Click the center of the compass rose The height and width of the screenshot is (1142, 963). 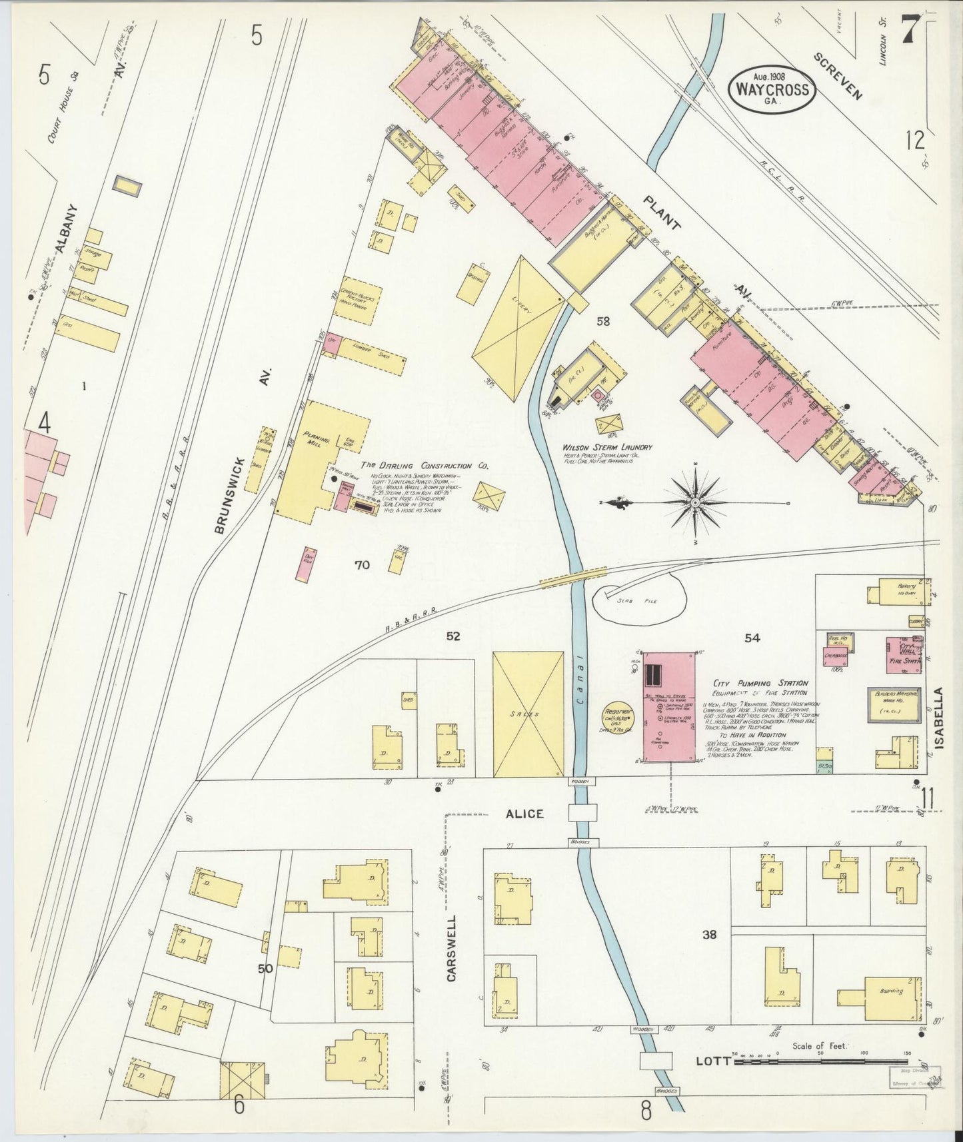point(694,502)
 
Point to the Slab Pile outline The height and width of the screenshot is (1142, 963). point(640,600)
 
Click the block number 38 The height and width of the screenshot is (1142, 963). point(708,935)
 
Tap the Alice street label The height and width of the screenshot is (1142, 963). point(524,814)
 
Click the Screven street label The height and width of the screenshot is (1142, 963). point(838,76)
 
